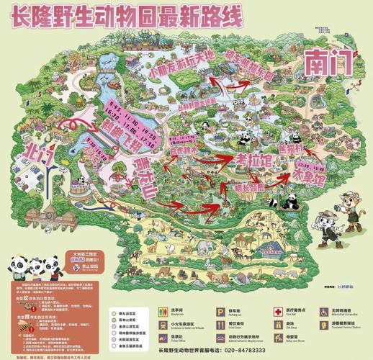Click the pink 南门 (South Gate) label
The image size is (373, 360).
[328, 63]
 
